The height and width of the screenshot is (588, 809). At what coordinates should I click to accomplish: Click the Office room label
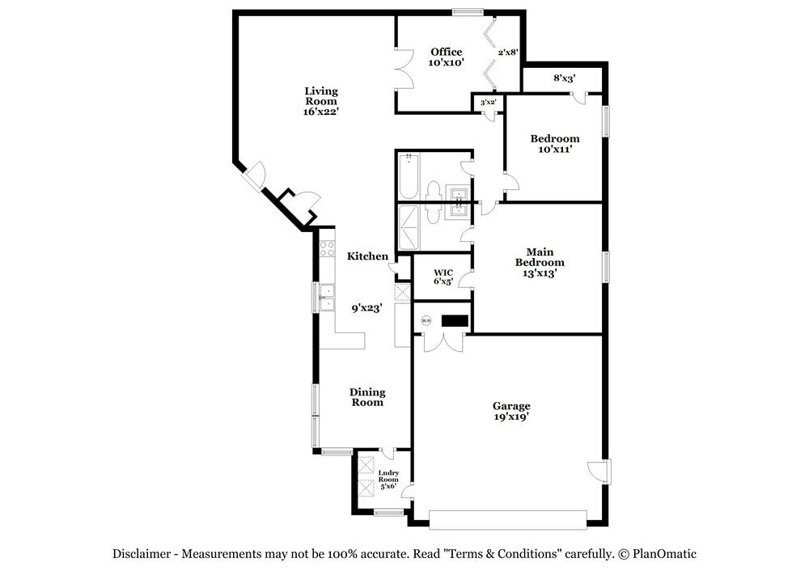pos(446,53)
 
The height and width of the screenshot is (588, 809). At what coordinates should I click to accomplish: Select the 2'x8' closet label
pos(507,52)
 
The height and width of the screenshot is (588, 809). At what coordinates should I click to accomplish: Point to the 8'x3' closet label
pos(564,78)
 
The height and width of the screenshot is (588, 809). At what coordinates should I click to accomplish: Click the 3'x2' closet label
pos(488,103)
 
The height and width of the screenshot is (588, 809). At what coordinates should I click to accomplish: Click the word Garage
pos(511,406)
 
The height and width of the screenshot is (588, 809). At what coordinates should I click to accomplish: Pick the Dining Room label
pos(366,397)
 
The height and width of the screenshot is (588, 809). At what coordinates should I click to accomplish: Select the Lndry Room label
pos(388,480)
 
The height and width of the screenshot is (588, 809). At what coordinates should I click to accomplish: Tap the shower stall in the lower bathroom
pos(409,227)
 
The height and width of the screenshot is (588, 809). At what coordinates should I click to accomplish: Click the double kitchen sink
pos(327,298)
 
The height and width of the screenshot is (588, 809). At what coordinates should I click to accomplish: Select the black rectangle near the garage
pos(455,321)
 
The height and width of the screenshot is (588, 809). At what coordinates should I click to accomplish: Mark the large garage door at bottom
pos(507,519)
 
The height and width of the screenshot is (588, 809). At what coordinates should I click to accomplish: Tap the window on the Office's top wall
pos(468,11)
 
